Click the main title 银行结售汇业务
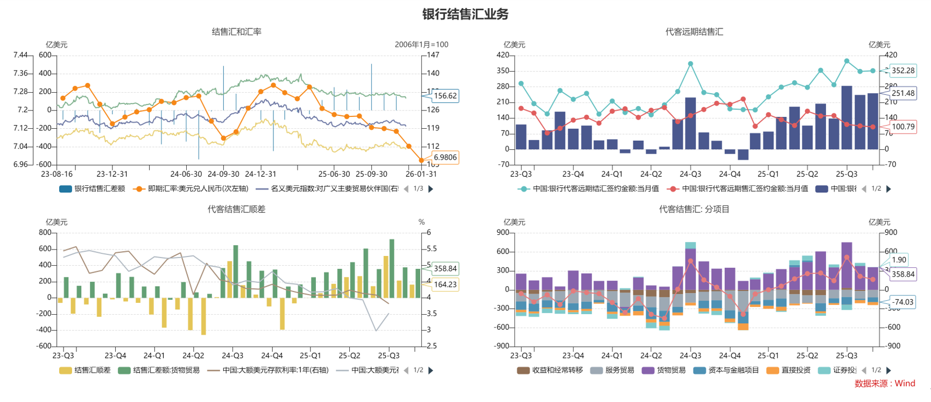tap(465, 14)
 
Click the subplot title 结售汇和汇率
tap(236, 32)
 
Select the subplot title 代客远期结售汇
tap(694, 32)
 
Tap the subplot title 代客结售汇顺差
tap(236, 209)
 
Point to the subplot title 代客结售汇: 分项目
tap(694, 209)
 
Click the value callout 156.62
tap(445, 96)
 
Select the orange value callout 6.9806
tap(445, 157)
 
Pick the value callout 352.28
tap(902, 71)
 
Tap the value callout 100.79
tap(902, 127)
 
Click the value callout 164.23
tap(445, 285)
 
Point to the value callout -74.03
tap(902, 302)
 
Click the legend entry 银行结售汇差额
tap(92, 189)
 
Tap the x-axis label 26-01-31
tap(421, 174)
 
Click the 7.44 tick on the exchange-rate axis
tap(20, 55)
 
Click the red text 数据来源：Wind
tap(885, 384)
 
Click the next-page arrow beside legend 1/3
tap(431, 189)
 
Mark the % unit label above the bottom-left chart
tap(421, 222)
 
